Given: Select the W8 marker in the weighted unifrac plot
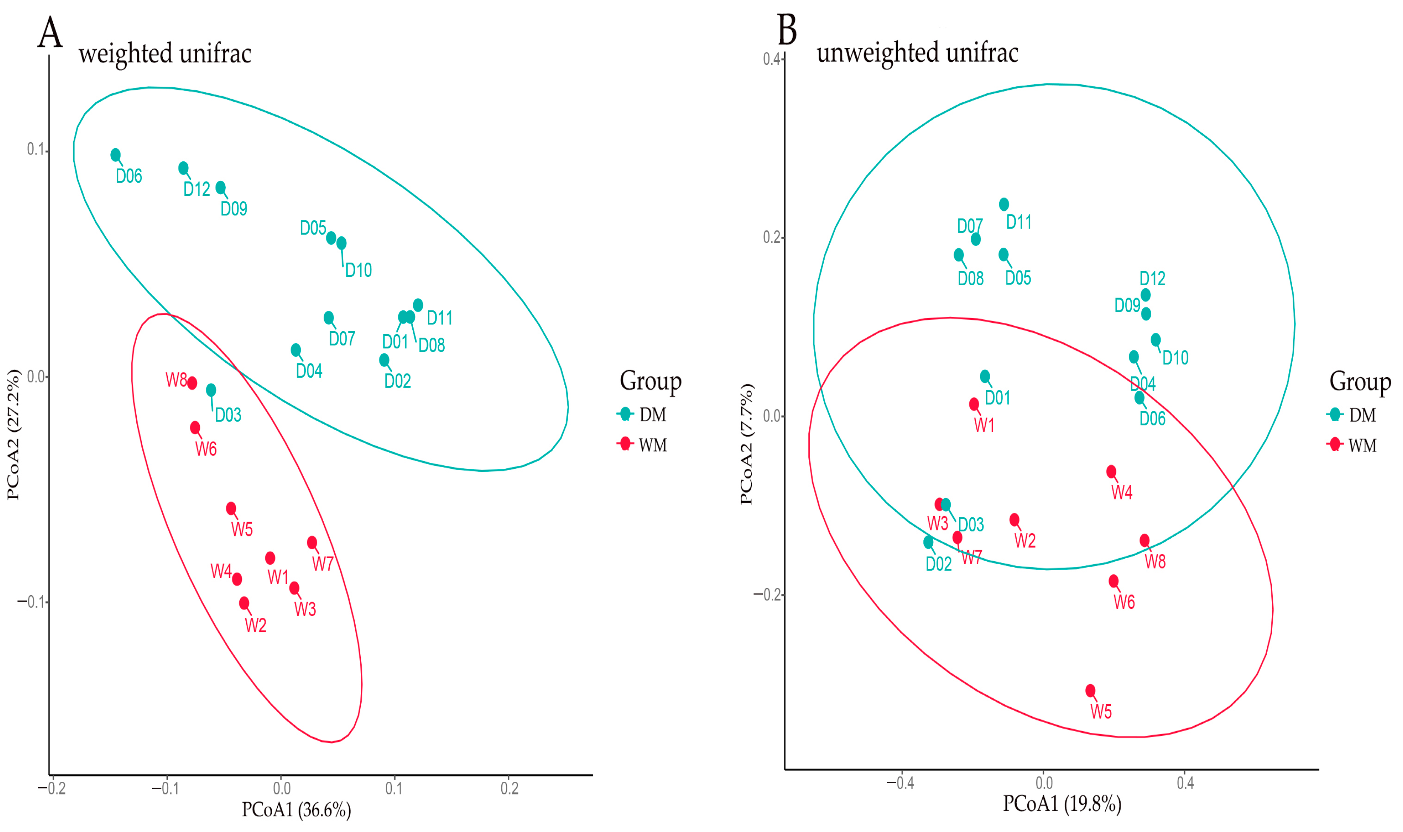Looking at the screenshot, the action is point(192,383).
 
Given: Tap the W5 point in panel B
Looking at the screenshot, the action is point(1090,690).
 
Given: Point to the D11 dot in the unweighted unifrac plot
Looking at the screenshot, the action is point(1004,204).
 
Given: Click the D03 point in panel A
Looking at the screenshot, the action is point(211,390).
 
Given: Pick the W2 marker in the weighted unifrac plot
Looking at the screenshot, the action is point(244,602).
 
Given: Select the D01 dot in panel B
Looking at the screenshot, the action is point(985,376).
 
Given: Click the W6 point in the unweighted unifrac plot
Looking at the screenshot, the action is point(1114,581).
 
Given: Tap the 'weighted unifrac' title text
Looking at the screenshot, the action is point(165,54).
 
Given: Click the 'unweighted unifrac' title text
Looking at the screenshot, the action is point(917,53).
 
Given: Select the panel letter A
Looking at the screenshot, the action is point(50,32).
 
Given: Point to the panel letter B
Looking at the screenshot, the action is point(787,30).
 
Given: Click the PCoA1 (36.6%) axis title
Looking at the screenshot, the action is point(296,809).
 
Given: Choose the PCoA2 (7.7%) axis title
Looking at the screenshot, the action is point(746,444).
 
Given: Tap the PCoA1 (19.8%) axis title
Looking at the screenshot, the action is point(1062,804).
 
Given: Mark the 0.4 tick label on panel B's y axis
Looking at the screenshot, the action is point(772,59).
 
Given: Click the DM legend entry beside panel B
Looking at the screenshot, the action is point(1352,415).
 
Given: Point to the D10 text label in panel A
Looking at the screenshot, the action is point(358,270).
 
